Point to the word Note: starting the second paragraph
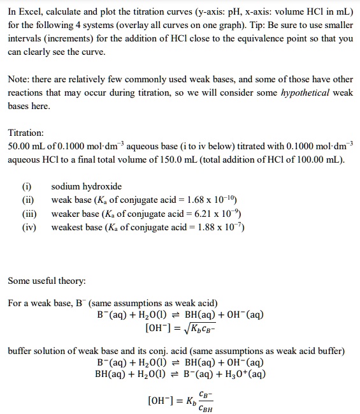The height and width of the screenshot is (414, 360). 19,80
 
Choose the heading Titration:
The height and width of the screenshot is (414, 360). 26,133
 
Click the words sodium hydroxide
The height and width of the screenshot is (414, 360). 86,187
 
